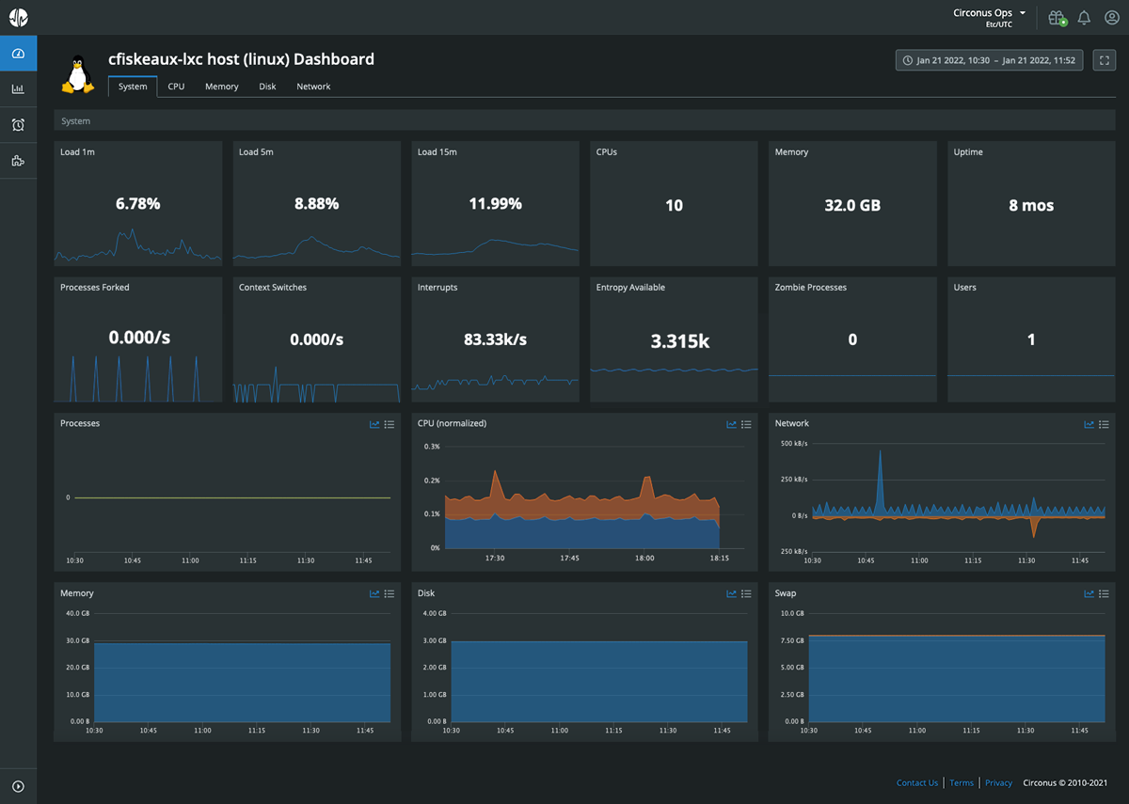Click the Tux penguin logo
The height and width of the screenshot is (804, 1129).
click(x=78, y=74)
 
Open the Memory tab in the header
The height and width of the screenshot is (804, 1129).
click(x=222, y=87)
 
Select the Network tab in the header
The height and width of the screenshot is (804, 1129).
click(x=313, y=87)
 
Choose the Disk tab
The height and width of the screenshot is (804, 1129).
click(x=267, y=87)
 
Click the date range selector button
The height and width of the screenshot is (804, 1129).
click(x=989, y=60)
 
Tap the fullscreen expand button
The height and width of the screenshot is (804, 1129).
click(x=1104, y=60)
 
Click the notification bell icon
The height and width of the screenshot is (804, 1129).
click(x=1084, y=18)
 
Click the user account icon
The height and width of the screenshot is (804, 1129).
click(x=1111, y=18)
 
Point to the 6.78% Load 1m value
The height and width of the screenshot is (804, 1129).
click(x=137, y=203)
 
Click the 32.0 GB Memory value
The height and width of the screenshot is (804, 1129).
click(x=852, y=205)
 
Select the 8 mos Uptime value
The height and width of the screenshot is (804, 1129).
click(x=1031, y=205)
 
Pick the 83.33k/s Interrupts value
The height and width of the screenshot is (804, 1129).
click(x=495, y=339)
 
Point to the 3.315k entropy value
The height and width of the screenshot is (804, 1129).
click(x=674, y=341)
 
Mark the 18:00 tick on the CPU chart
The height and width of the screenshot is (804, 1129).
click(x=644, y=558)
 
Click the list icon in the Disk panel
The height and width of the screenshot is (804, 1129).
click(x=746, y=593)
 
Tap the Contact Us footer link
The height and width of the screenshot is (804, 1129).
click(x=917, y=782)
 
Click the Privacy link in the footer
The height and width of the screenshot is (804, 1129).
click(x=998, y=782)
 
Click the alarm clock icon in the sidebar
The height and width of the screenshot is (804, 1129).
click(x=18, y=125)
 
